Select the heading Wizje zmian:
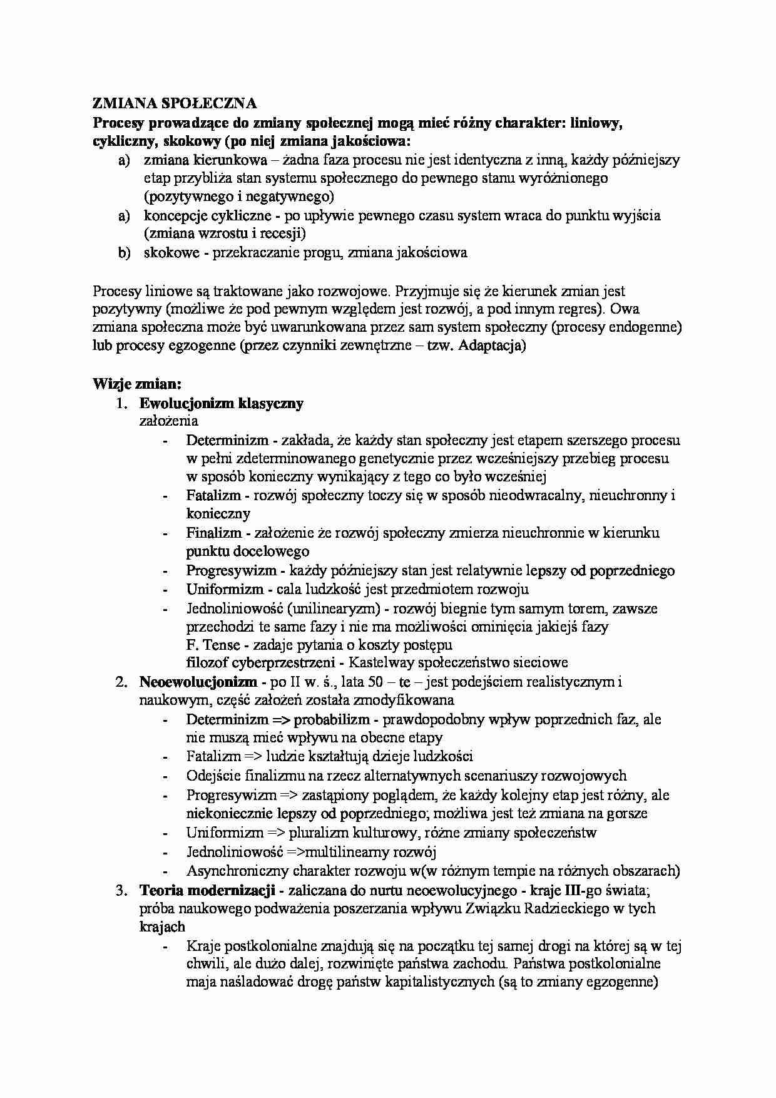point(136,383)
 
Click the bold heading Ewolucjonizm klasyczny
point(221,403)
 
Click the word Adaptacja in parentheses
point(490,346)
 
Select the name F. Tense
point(209,644)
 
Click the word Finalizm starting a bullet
point(213,533)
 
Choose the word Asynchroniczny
point(237,871)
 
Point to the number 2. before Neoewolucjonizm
point(122,682)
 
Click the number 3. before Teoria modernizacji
point(122,890)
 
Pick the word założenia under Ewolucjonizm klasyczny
point(168,421)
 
